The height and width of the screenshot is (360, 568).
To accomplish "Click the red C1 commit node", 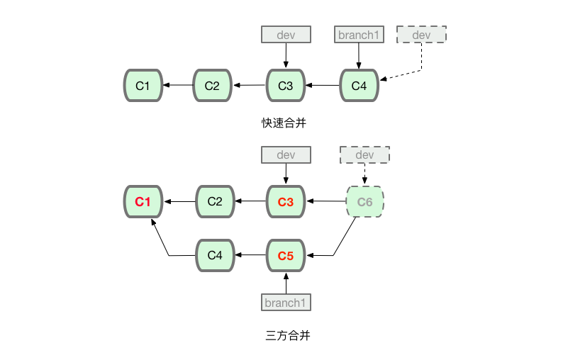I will [143, 202].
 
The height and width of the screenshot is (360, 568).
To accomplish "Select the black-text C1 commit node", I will [143, 86].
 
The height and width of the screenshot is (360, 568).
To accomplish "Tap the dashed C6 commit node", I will [364, 202].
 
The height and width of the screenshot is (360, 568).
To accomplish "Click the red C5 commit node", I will [285, 255].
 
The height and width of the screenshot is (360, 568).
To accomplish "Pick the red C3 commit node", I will [285, 202].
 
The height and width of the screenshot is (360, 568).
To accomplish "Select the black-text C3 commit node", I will [285, 86].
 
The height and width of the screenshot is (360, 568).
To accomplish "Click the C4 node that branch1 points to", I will [360, 86].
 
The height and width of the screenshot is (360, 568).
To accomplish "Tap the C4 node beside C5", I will [215, 255].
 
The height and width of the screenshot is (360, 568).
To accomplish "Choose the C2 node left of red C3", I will [215, 202].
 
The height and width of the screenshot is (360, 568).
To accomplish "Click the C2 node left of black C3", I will [212, 86].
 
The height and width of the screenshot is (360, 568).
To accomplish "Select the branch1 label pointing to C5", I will [286, 303].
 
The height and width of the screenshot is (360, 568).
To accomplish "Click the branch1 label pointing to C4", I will [359, 34].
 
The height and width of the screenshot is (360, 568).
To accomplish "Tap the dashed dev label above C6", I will [364, 155].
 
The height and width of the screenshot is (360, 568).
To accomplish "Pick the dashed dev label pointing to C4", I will [421, 34].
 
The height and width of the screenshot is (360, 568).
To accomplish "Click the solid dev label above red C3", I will [286, 155].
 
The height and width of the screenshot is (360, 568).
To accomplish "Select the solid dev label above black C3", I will [286, 34].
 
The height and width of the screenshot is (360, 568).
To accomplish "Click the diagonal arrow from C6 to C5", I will [344, 237].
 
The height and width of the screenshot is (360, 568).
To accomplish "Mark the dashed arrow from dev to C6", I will [364, 174].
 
